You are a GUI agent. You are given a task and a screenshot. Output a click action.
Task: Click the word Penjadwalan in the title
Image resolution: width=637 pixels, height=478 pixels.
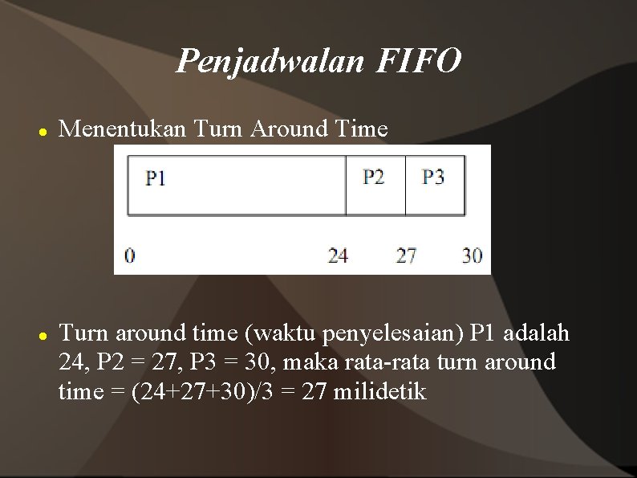(270, 60)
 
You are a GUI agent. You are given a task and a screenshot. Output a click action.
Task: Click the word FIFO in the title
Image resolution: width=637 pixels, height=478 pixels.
(417, 60)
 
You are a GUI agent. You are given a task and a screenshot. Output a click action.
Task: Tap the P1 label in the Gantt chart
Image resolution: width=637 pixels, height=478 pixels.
(156, 178)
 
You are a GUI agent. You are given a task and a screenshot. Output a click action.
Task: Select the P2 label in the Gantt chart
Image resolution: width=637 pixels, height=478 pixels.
(374, 177)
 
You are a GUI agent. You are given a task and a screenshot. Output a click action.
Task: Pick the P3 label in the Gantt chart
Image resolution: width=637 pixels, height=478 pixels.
(433, 177)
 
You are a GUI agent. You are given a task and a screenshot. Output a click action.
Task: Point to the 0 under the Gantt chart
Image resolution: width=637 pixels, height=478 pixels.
(130, 255)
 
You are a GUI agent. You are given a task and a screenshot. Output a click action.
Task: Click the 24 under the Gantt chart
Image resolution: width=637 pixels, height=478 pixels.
(338, 255)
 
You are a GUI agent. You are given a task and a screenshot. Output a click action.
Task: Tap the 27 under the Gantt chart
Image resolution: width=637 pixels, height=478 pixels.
(407, 255)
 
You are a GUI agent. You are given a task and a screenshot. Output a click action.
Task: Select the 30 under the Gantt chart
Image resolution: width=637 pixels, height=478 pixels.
(473, 255)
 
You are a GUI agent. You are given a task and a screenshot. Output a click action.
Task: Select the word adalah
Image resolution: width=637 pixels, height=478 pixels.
(538, 333)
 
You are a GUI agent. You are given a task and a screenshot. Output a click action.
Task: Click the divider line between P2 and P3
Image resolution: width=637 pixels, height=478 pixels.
(405, 186)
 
